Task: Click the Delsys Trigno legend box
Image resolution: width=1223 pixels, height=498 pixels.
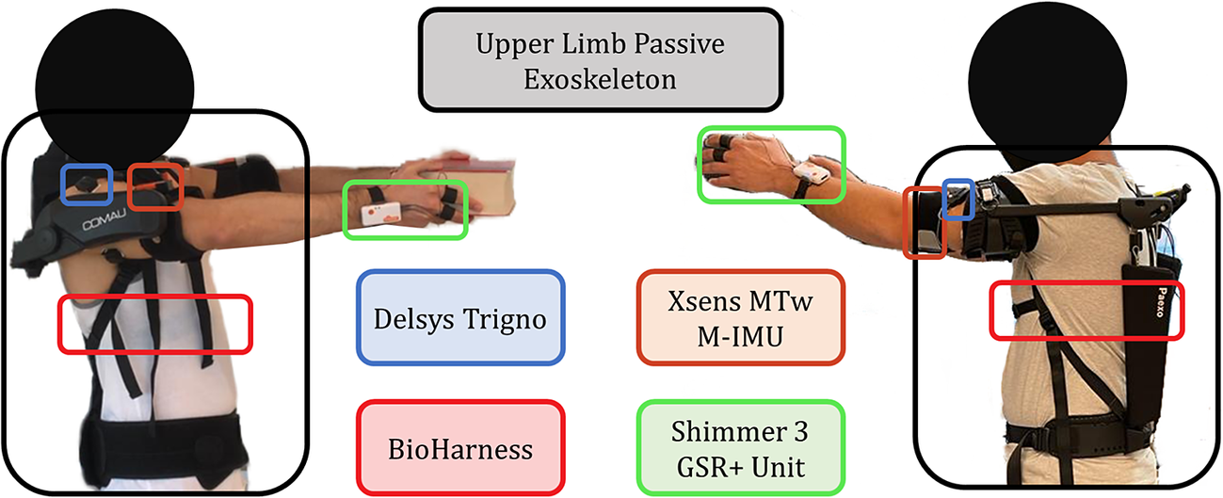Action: (460, 317)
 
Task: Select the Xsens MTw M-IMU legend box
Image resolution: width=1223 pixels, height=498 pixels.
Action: (740, 317)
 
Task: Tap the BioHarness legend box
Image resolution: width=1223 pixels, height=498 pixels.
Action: (460, 448)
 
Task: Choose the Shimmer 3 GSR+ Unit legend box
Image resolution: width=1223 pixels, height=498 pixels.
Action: (740, 448)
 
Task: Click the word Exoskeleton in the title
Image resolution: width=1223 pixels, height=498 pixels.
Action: (600, 80)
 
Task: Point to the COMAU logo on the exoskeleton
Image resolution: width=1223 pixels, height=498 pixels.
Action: (105, 219)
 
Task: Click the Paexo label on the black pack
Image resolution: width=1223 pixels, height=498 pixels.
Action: (1160, 302)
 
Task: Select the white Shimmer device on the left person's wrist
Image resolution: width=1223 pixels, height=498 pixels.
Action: (381, 213)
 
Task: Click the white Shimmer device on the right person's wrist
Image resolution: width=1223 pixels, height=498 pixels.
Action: (812, 173)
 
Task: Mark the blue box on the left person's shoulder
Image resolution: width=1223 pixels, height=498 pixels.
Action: (87, 185)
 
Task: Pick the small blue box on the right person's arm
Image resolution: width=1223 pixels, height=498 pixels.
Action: (958, 200)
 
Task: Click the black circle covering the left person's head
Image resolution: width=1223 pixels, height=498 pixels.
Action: (114, 88)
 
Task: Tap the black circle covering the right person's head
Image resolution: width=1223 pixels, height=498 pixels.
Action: (1047, 82)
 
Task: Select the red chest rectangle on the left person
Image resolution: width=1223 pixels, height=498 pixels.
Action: (155, 325)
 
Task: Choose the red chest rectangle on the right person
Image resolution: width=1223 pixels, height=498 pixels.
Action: (1087, 311)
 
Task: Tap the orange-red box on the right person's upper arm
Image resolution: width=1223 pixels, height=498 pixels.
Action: (925, 223)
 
